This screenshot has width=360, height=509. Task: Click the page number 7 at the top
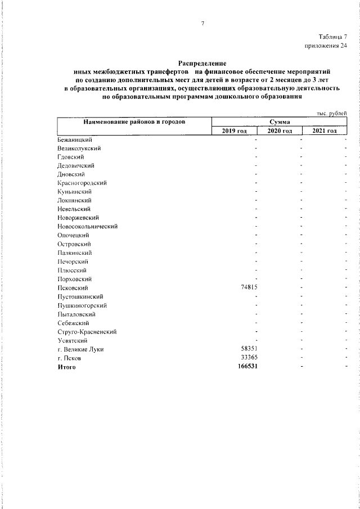click(202, 23)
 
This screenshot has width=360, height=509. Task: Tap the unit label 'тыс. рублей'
click(332, 113)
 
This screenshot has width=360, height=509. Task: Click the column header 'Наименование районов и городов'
click(134, 121)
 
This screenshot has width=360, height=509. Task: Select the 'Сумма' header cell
click(280, 121)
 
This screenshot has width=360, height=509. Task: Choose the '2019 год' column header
click(235, 130)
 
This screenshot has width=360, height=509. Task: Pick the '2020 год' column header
click(280, 130)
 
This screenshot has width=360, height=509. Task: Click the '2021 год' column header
click(325, 130)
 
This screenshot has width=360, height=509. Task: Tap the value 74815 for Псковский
click(249, 287)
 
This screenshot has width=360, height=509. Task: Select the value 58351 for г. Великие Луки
click(249, 349)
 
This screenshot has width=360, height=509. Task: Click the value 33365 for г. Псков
click(249, 358)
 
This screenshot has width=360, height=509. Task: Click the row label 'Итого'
click(66, 367)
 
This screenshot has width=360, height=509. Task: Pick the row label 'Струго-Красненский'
click(87, 331)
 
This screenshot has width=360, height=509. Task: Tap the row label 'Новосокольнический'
click(87, 226)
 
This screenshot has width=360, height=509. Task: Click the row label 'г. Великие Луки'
click(80, 349)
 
